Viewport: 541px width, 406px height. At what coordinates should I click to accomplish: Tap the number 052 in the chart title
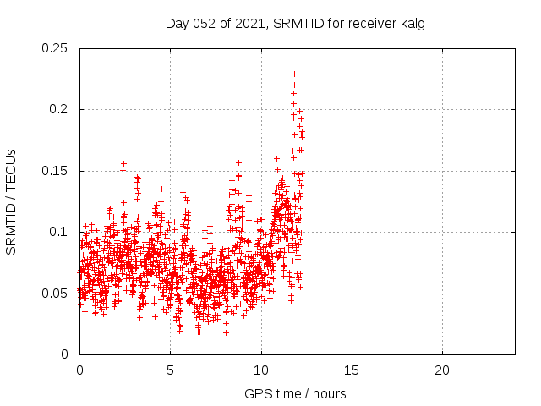point(203,24)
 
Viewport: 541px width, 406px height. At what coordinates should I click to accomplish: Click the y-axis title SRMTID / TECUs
point(11,201)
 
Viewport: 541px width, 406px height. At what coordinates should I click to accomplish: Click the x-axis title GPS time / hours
point(295,393)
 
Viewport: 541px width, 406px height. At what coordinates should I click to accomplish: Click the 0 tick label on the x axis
point(79,370)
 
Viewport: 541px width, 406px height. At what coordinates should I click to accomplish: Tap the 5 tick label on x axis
point(170,370)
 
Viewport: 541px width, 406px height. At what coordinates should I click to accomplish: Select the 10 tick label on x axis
point(261,370)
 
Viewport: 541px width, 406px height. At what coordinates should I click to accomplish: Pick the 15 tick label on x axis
point(352,370)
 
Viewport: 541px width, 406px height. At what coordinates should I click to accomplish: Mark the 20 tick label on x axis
point(442,370)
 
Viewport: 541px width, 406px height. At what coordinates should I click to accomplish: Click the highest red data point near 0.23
point(294,74)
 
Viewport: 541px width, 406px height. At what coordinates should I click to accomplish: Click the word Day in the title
point(176,24)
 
